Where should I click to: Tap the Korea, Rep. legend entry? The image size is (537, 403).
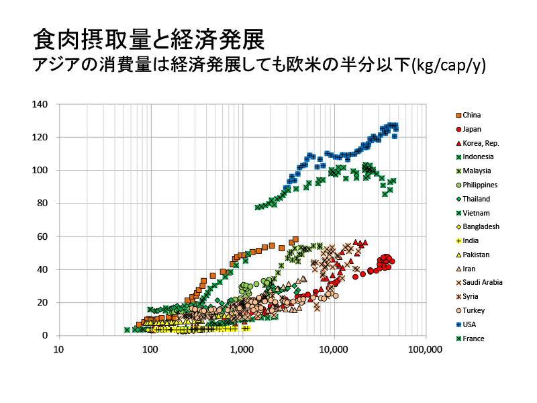tap(478, 143)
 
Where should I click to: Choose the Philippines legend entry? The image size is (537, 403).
tap(477, 185)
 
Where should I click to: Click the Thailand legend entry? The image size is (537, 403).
tap(473, 199)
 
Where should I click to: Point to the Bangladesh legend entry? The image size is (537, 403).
tap(478, 226)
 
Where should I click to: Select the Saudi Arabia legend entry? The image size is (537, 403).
tap(479, 282)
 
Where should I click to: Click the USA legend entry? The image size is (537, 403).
tap(466, 324)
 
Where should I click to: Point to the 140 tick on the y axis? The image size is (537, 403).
tap(40, 104)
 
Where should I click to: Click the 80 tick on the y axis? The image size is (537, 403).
tap(42, 204)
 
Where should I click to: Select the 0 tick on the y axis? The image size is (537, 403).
tap(45, 335)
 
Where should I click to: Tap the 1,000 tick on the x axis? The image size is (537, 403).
tap(242, 349)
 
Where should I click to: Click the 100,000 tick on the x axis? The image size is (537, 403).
tap(425, 349)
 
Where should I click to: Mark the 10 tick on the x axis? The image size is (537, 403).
tap(59, 349)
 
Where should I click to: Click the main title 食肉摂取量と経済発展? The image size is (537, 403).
tap(149, 40)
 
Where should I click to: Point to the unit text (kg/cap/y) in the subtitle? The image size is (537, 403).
tap(448, 64)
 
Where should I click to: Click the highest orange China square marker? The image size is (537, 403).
tap(295, 240)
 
